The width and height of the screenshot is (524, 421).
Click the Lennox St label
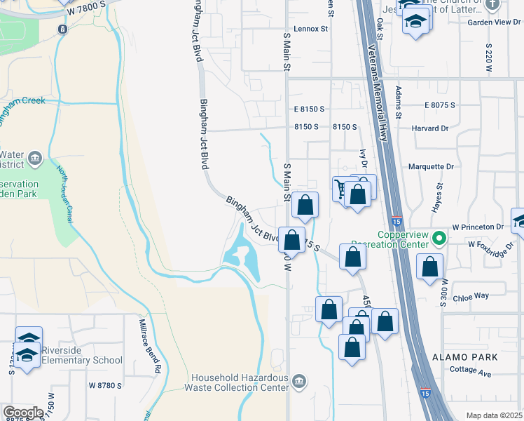pos(311,29)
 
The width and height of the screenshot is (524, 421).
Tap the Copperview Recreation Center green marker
pos(439,238)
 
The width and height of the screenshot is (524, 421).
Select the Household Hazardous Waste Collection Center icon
pos(299,381)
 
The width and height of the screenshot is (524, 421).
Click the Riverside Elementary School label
pos(81,356)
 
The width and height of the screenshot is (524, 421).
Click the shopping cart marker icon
pos(340,189)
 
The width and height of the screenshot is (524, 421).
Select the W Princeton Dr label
pos(478,227)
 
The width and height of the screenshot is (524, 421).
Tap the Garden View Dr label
pos(490,22)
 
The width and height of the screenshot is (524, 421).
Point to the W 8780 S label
pos(106,385)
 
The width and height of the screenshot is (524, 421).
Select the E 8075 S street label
pos(439,105)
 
